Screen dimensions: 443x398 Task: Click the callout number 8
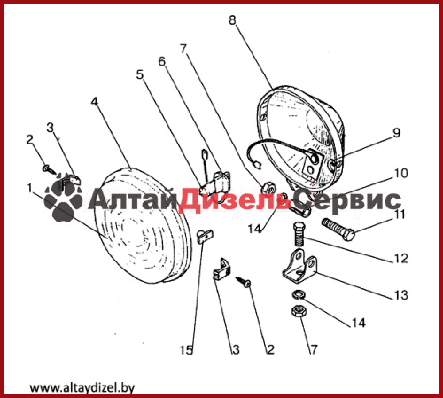[232, 20]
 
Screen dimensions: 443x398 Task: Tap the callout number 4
[94, 101]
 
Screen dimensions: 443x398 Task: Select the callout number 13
[401, 295]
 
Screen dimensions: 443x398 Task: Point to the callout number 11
[400, 215]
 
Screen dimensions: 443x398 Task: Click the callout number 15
[186, 350]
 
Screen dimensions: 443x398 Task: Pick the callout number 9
[396, 133]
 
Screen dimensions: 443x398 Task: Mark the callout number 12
[401, 259]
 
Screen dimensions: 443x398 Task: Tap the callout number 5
[140, 74]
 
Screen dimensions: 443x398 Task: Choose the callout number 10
[401, 173]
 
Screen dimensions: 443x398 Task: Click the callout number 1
[29, 188]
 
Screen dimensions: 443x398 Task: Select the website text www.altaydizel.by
[82, 387]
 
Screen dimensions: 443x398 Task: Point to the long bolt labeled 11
[338, 230]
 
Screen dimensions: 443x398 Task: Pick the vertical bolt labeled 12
[299, 234]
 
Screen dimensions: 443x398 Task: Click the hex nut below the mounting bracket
[299, 311]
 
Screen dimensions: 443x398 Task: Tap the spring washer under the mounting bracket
[299, 294]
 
